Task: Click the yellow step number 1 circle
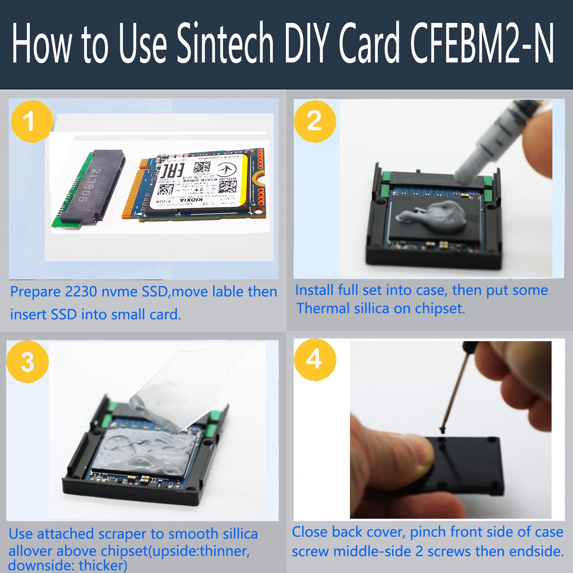tap(31, 121)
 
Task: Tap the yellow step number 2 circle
tap(314, 121)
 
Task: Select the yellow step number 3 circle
tap(28, 361)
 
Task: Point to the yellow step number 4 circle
tap(314, 359)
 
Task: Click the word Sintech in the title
tap(225, 43)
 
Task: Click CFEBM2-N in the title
tap(482, 43)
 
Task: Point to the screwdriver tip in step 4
tap(443, 430)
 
